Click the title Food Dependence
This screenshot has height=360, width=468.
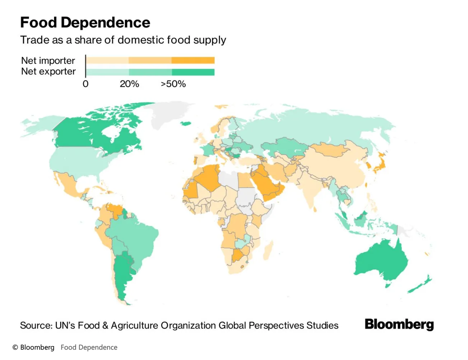click(x=85, y=23)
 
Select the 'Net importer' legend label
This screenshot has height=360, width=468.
click(x=48, y=61)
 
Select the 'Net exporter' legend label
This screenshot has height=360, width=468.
click(x=48, y=71)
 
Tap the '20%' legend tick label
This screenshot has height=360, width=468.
click(x=129, y=84)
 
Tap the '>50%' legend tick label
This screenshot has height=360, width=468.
click(x=173, y=84)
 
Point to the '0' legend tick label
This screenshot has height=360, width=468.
click(x=85, y=84)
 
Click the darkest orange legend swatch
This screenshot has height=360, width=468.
click(x=193, y=60)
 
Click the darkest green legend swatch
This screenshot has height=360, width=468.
click(x=193, y=72)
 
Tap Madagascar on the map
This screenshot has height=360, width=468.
click(x=268, y=251)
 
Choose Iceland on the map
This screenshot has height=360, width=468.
click(x=186, y=124)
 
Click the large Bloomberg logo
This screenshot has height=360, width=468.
click(x=399, y=324)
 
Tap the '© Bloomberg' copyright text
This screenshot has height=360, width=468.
click(x=33, y=347)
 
